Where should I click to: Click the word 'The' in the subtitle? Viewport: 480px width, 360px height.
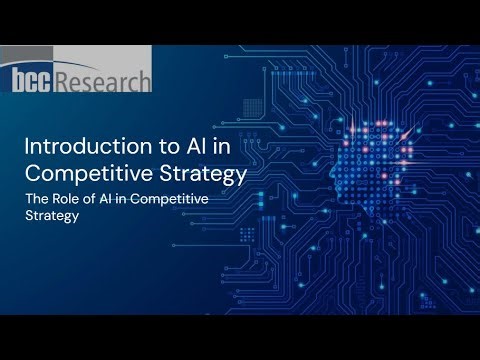(x=36, y=201)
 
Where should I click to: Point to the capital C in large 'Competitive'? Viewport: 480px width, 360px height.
(x=32, y=176)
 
